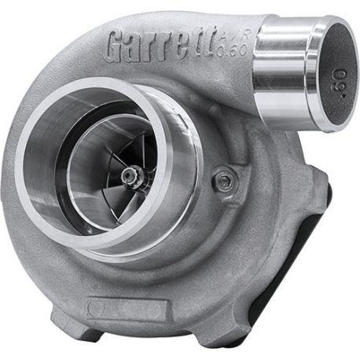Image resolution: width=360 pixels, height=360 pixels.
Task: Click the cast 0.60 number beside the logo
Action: pyautogui.click(x=232, y=50)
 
